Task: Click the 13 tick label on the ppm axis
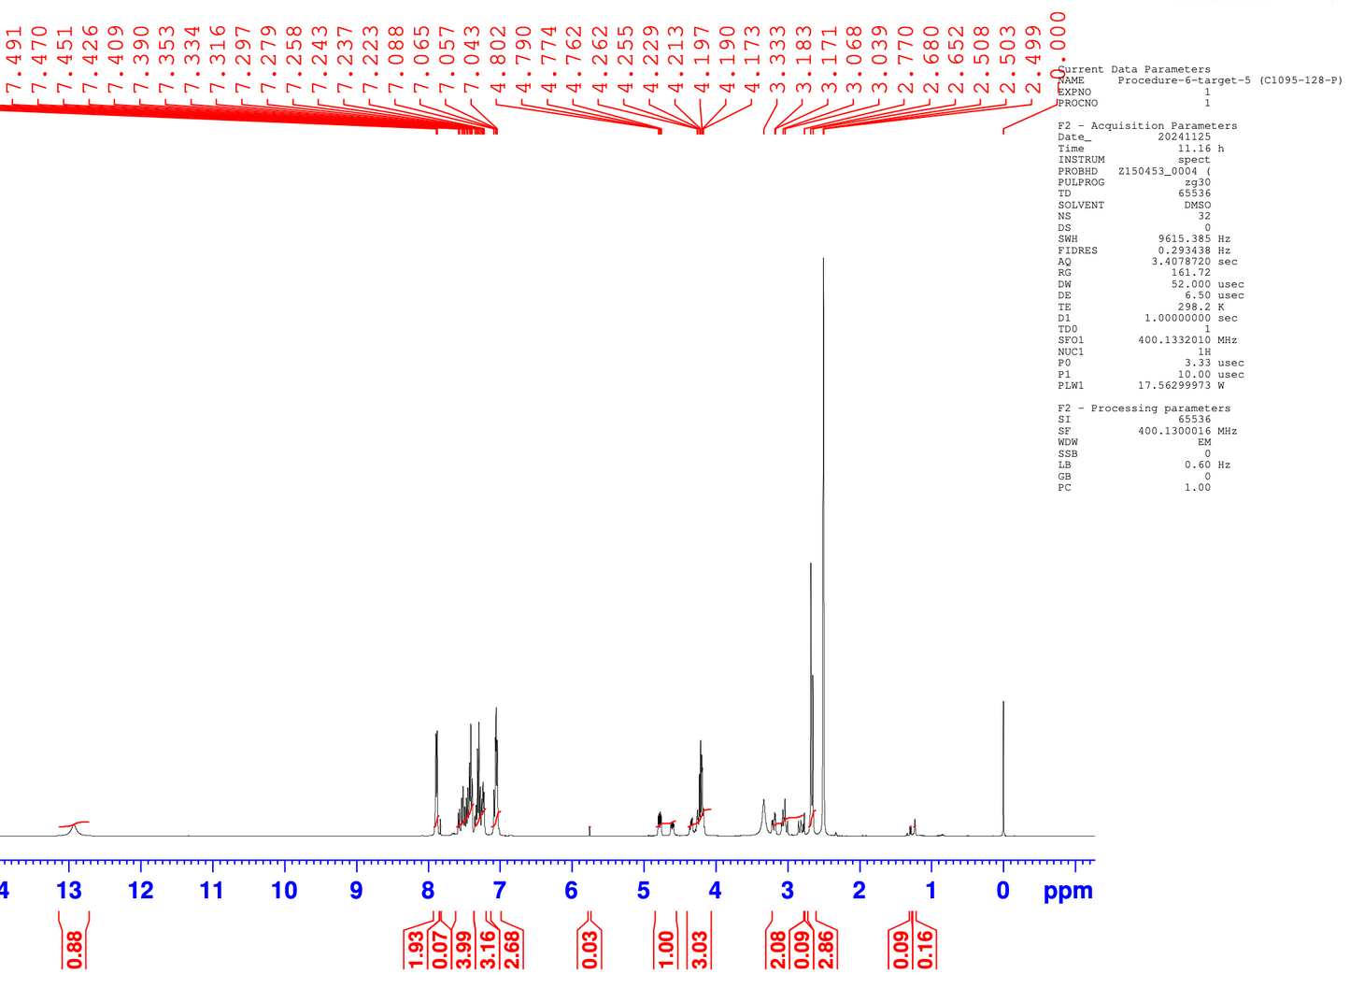pyautogui.click(x=69, y=890)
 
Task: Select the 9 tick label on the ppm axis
pyautogui.click(x=356, y=890)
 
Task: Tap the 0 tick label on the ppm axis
pyautogui.click(x=1002, y=890)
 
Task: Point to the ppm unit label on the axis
pyautogui.click(x=1068, y=891)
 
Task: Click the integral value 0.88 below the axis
pyautogui.click(x=75, y=948)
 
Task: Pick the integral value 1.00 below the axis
pyautogui.click(x=666, y=948)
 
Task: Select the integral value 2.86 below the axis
pyautogui.click(x=826, y=948)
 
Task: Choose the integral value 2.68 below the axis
pyautogui.click(x=512, y=948)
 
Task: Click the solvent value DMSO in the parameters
pyautogui.click(x=1196, y=206)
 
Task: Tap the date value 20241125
pyautogui.click(x=1184, y=137)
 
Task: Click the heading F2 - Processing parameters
pyautogui.click(x=1144, y=408)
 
